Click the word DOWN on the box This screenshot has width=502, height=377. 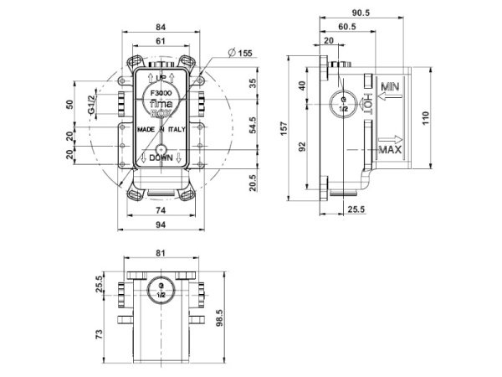160,158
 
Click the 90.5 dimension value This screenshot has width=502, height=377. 361,14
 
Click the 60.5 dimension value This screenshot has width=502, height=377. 350,27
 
